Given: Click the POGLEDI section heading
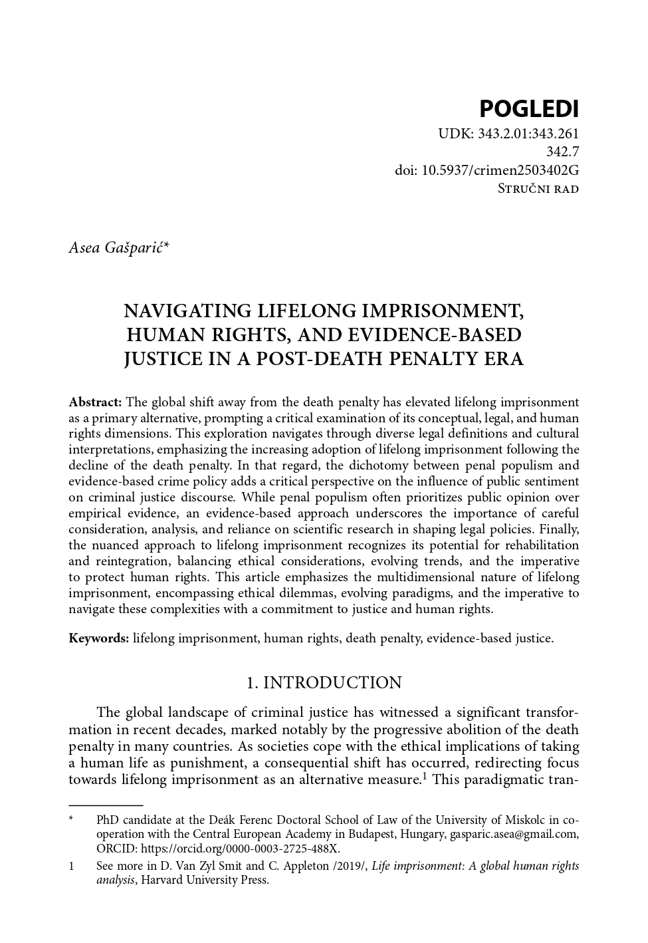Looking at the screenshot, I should click(x=528, y=108).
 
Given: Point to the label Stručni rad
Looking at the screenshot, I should click(x=538, y=189).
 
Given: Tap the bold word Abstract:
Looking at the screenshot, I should click(x=95, y=402).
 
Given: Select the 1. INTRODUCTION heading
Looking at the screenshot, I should click(x=324, y=683).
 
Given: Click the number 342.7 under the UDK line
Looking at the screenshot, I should click(x=562, y=152).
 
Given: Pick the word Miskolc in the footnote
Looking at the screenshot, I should click(x=518, y=820).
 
